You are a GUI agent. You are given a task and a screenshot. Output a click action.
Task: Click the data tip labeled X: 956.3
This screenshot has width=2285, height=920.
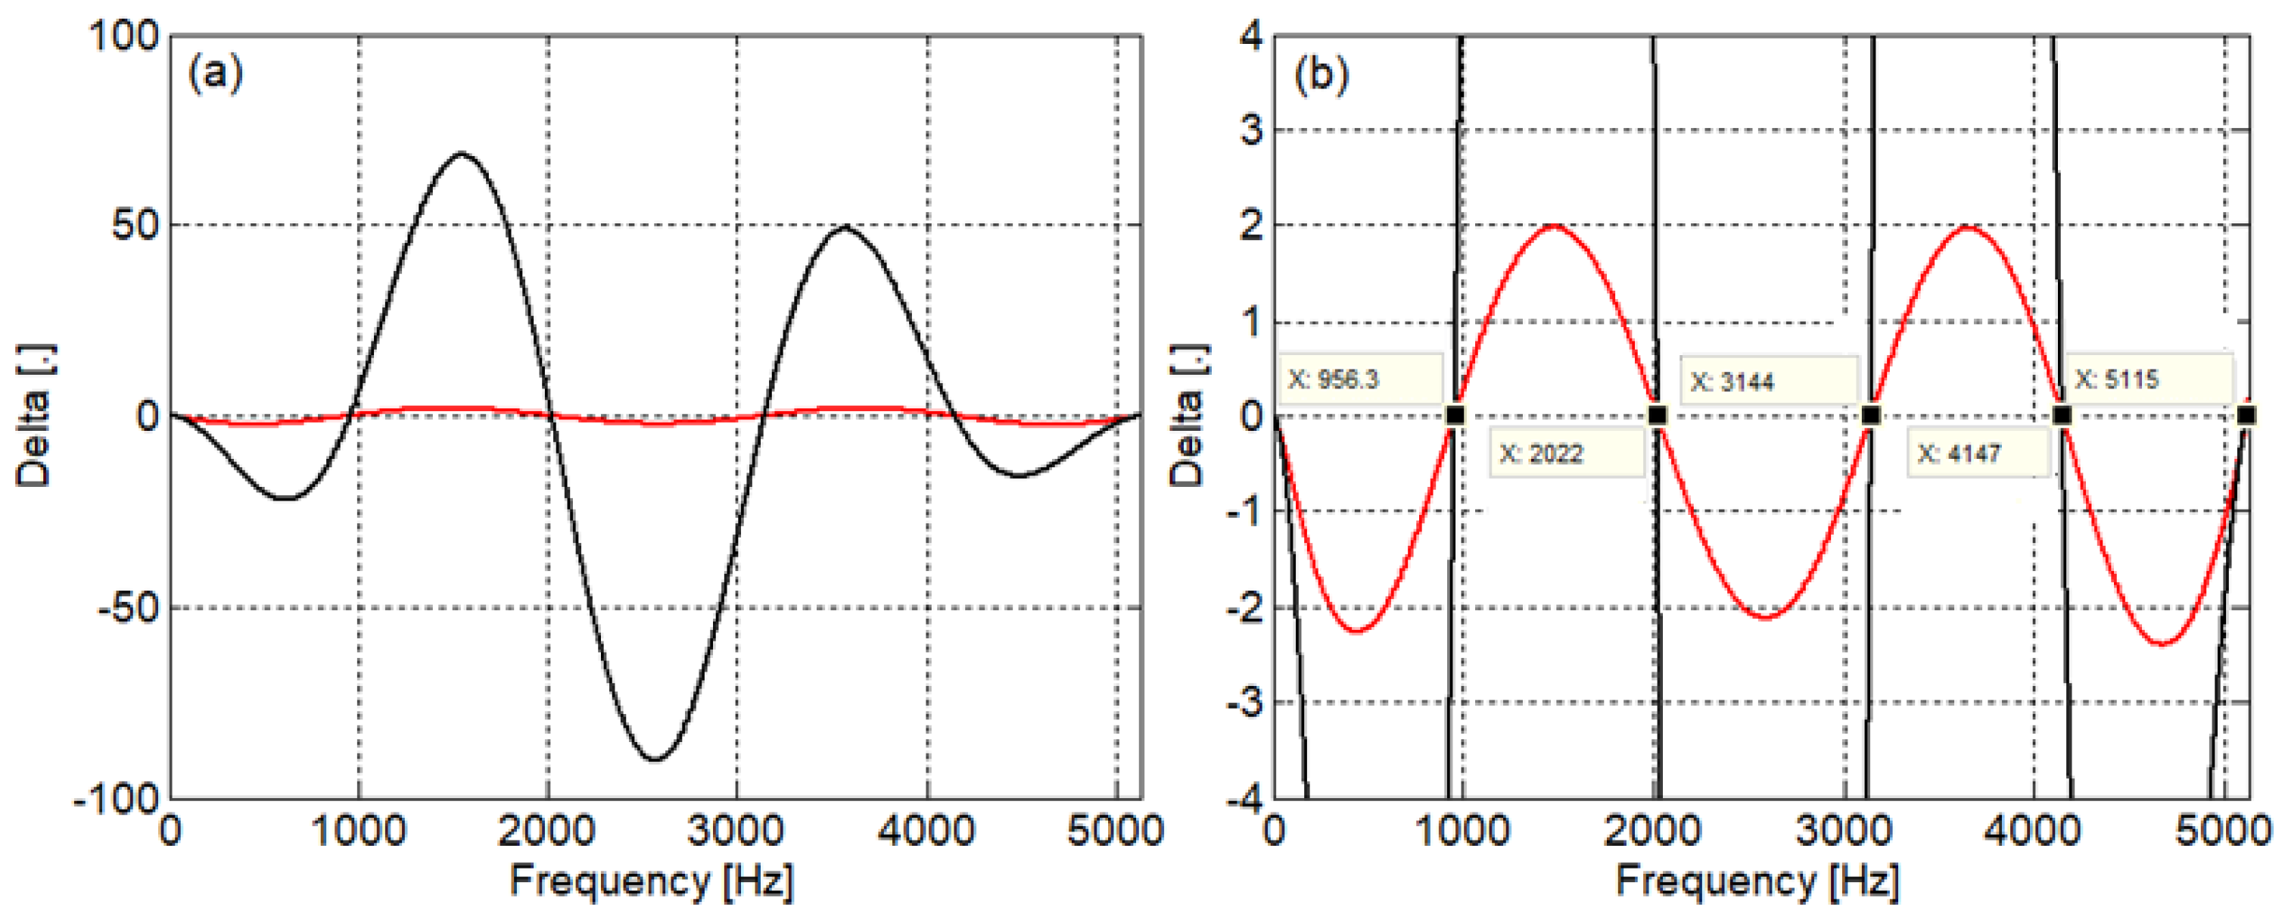(1360, 379)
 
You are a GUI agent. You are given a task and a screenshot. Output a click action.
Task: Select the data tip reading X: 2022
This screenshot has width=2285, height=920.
(1566, 454)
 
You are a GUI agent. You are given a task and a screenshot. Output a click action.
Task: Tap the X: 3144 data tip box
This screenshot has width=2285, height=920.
(1769, 382)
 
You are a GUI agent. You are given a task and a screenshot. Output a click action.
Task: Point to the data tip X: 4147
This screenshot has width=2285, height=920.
(1978, 454)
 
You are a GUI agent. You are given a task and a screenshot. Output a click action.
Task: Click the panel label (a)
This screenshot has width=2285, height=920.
(215, 73)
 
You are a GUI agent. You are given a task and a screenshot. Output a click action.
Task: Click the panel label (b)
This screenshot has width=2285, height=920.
(1321, 73)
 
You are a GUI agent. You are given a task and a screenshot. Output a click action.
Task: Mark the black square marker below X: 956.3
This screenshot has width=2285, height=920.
(1455, 414)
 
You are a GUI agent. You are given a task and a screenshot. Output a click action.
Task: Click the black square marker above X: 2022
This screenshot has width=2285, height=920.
(1657, 414)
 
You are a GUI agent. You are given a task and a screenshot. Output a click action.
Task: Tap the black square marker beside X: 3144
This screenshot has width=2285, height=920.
(1871, 414)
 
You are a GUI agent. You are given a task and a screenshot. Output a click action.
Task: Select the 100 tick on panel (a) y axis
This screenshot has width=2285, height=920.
(124, 36)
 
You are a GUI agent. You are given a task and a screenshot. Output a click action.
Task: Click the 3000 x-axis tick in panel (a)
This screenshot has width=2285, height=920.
(736, 831)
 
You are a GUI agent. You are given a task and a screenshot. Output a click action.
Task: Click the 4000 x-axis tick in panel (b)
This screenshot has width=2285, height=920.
(2031, 831)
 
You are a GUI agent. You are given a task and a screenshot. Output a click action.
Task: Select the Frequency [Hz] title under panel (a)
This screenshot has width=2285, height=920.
(652, 881)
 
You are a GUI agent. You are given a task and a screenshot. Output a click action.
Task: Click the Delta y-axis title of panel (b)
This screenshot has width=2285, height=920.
(1186, 415)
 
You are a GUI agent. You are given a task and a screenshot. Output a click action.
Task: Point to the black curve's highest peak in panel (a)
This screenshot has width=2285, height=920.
(461, 154)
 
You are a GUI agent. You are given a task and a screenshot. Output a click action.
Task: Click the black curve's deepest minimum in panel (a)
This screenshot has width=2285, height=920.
(655, 759)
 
